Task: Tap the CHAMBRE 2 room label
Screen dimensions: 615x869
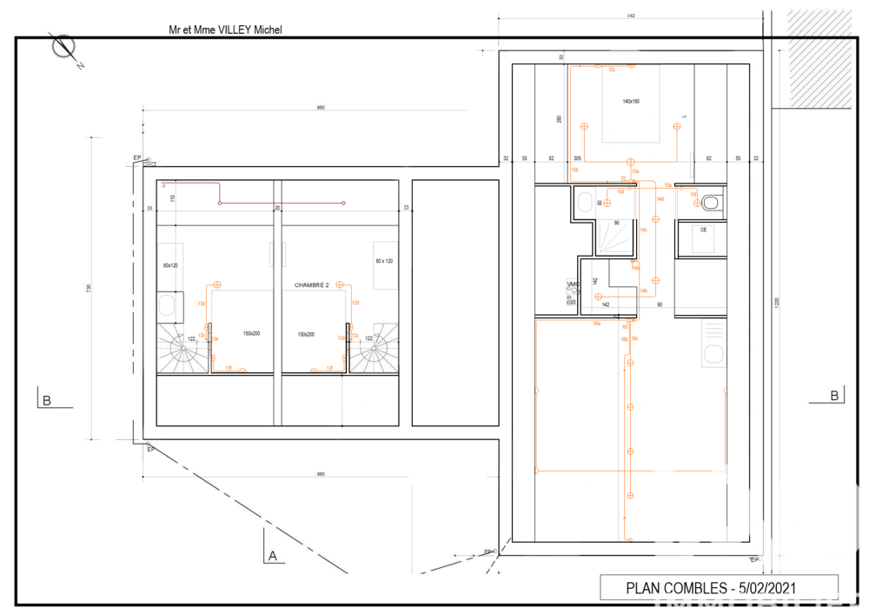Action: (x=312, y=284)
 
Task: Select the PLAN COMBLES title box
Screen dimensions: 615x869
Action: (x=719, y=587)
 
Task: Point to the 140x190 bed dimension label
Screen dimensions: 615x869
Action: (x=630, y=102)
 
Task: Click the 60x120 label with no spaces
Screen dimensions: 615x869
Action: (x=170, y=264)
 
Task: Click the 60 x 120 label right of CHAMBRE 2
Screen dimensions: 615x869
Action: (x=384, y=261)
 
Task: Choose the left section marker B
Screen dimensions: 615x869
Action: (x=46, y=400)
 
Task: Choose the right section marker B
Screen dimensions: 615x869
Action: (x=834, y=395)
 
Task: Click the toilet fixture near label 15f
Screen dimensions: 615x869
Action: (x=711, y=203)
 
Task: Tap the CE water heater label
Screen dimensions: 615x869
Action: (x=704, y=230)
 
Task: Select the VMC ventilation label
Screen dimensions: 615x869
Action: (x=573, y=284)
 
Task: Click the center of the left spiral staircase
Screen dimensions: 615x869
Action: (x=183, y=352)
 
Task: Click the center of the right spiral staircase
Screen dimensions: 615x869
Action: (x=375, y=352)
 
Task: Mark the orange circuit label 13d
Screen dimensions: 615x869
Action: (x=201, y=304)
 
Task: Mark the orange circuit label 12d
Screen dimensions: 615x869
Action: (x=355, y=303)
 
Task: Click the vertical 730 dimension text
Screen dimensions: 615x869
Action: (x=89, y=288)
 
